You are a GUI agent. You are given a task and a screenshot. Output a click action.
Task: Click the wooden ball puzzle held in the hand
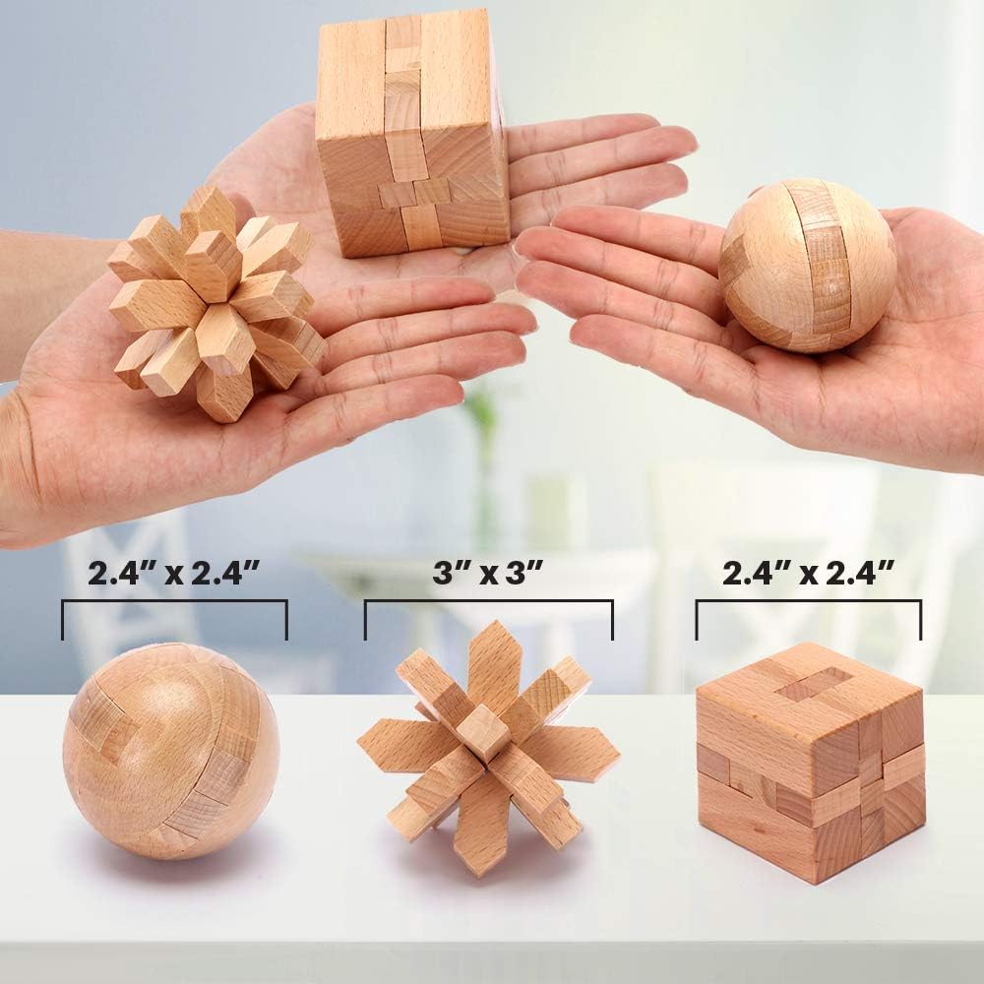(x=807, y=266)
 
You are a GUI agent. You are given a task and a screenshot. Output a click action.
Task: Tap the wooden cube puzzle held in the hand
(x=411, y=133)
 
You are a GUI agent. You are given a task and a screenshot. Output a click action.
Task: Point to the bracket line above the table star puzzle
(x=489, y=602)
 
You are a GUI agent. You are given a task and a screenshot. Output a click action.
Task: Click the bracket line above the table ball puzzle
(x=174, y=602)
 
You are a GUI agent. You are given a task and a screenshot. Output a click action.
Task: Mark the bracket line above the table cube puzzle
(x=808, y=602)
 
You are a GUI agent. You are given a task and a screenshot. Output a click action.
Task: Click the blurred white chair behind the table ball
(x=118, y=590)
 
